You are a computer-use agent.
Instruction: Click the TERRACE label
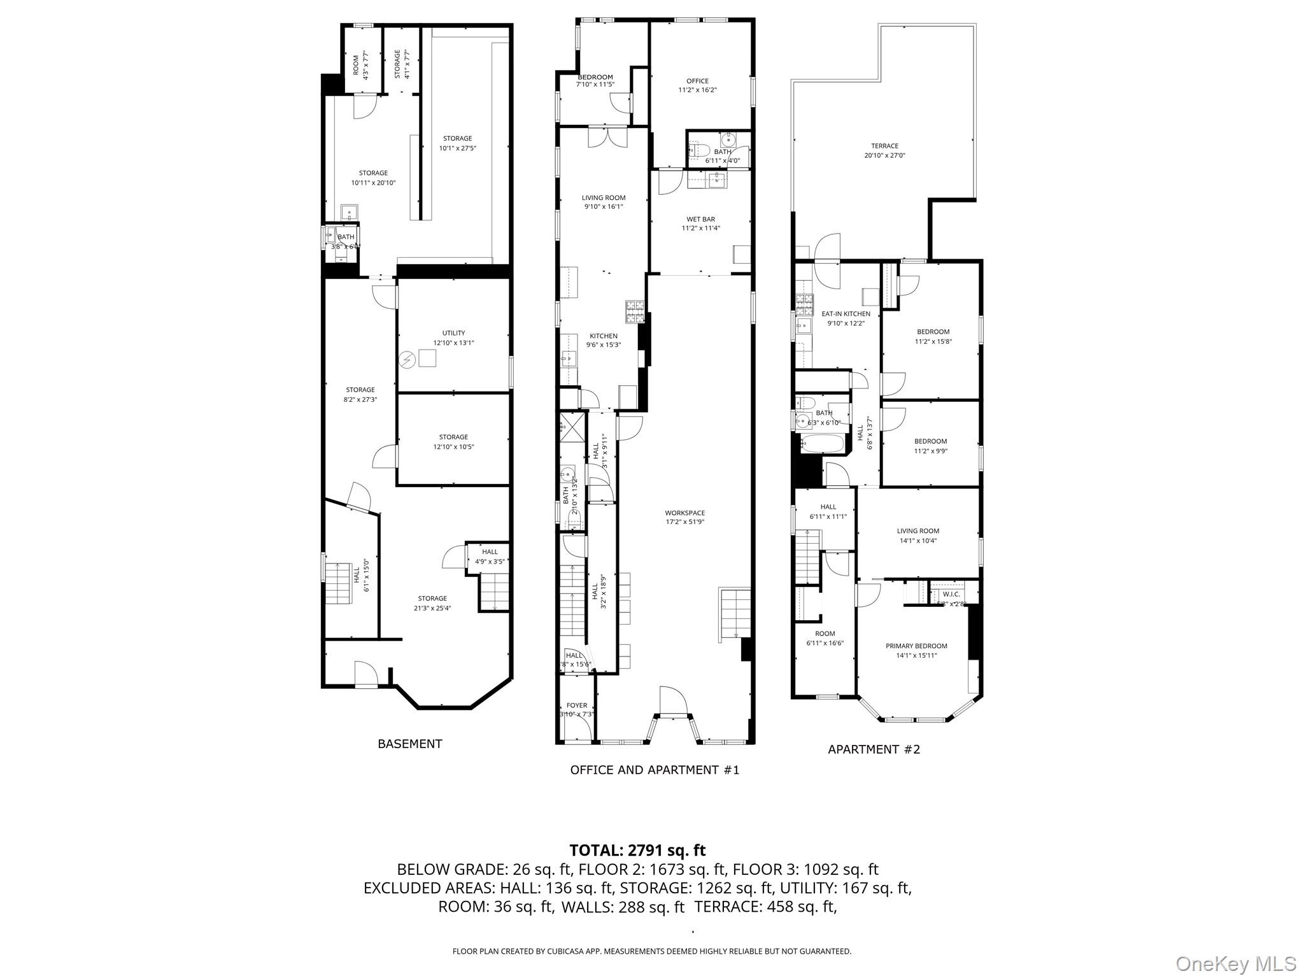pos(884,146)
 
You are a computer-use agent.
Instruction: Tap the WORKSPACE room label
pos(684,513)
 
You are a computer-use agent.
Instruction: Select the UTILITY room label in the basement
pos(453,333)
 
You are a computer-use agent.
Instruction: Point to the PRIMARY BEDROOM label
pos(916,646)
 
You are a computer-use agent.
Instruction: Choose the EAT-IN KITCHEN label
pos(846,314)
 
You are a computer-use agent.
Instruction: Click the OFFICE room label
pos(697,81)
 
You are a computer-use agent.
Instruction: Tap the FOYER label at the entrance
pos(577,705)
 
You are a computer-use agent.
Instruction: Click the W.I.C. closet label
pos(951,594)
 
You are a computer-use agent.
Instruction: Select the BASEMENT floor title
pos(409,744)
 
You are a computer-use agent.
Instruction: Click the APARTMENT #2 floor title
pos(874,749)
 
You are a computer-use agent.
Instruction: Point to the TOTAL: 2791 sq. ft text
pos(637,850)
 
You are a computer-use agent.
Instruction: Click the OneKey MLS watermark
pos(1235,963)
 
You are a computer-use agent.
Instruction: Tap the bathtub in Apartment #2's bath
pos(823,444)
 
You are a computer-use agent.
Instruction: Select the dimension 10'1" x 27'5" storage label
pos(457,148)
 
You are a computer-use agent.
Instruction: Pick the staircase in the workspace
pos(735,615)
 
